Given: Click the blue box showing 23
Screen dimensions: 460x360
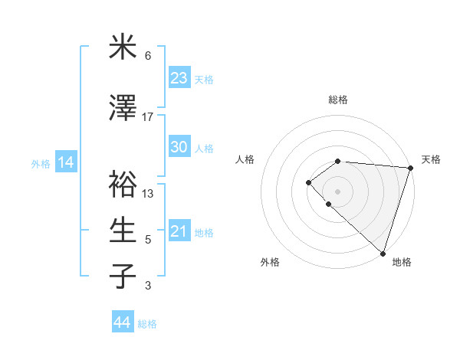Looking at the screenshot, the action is (179, 78).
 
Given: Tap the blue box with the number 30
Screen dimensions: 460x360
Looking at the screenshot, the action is (179, 147).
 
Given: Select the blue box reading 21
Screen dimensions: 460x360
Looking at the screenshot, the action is (179, 232).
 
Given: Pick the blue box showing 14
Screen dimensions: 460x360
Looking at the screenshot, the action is (65, 162).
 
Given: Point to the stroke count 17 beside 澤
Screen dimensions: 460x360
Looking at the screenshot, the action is (148, 117).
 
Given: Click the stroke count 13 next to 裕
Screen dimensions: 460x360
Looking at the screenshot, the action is (148, 194).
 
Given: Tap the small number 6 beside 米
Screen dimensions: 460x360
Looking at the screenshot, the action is (148, 56).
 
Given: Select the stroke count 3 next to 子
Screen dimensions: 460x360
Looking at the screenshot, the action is (148, 286).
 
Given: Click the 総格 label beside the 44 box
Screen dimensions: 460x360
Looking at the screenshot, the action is (147, 324).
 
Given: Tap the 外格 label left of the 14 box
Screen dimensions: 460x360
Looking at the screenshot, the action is (41, 164).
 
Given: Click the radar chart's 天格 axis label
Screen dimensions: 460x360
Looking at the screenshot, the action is (431, 159).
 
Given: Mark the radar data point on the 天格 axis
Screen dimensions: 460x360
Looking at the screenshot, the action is (410, 168).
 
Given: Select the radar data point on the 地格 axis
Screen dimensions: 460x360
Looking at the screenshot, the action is (383, 253).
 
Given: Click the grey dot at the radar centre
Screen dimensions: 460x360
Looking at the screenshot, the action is (337, 191).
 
